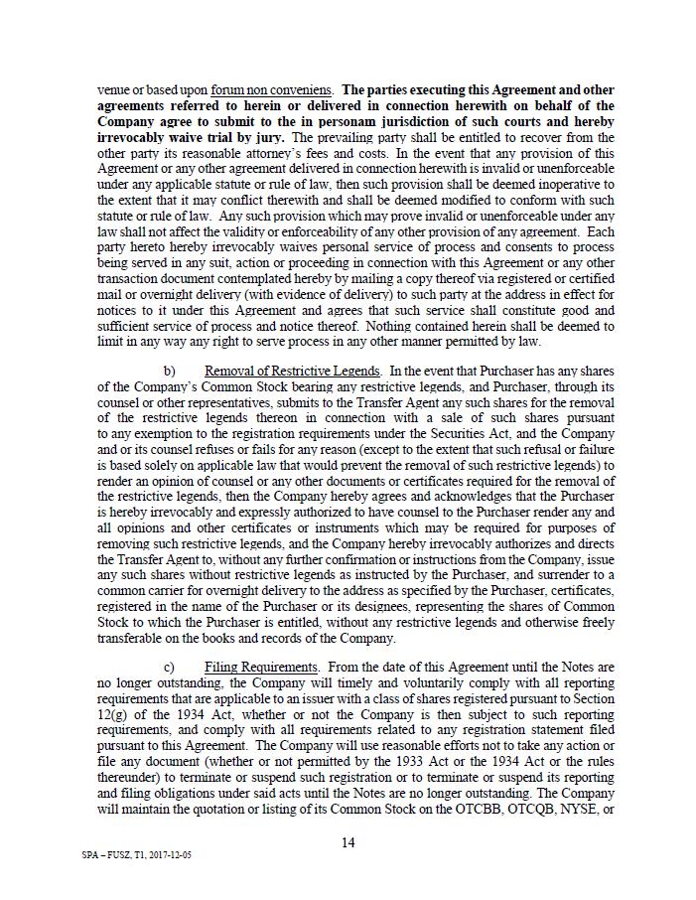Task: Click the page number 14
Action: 348,842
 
